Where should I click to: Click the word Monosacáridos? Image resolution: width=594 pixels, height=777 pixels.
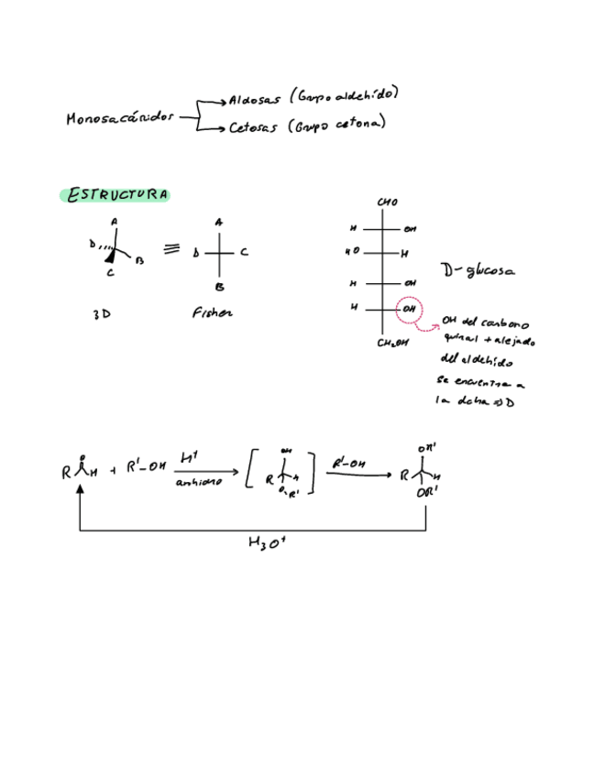point(119,119)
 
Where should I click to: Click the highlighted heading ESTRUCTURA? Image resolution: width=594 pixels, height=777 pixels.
point(115,195)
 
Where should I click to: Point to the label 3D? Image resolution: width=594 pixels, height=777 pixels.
point(102,314)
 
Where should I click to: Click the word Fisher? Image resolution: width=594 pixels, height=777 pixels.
point(212,313)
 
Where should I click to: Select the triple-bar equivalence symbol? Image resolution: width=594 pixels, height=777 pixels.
point(170,249)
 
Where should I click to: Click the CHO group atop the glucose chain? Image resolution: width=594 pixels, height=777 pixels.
point(388,202)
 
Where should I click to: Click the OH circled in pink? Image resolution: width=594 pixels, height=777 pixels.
point(410,310)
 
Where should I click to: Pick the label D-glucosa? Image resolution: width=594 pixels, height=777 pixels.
point(477,271)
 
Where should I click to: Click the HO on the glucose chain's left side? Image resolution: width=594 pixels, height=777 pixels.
point(352,251)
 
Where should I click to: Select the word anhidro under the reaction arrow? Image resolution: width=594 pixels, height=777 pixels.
point(198,483)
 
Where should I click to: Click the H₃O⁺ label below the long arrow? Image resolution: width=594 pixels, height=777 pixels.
point(267,542)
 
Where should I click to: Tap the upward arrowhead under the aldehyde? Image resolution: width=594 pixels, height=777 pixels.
point(81,492)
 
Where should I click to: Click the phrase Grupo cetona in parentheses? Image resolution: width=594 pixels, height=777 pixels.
point(336,125)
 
